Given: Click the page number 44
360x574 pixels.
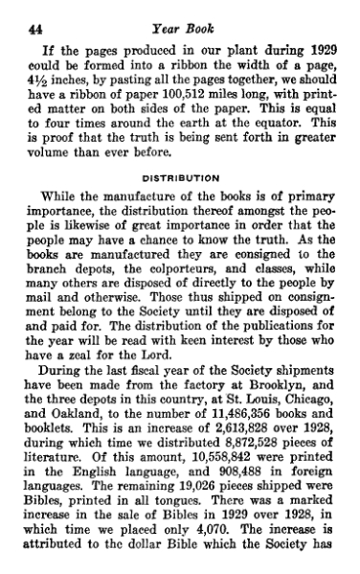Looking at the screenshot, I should tap(28, 11).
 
